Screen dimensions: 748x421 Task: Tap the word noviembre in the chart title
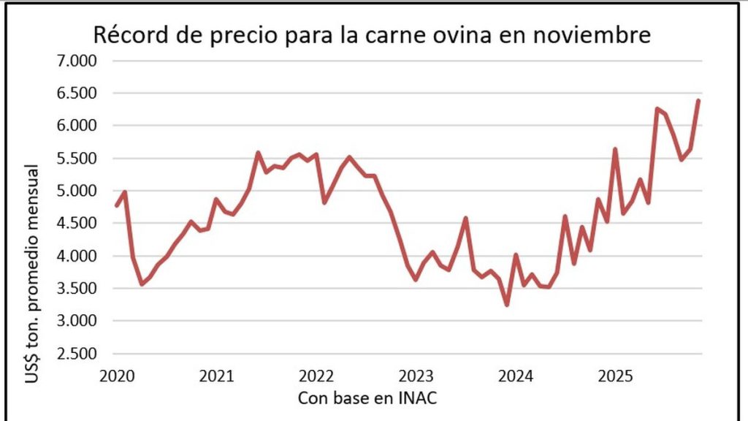pos(592,35)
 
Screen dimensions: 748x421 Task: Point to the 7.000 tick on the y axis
pos(77,61)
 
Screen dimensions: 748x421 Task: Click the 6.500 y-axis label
pos(77,93)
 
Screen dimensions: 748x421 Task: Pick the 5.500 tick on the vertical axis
pos(77,158)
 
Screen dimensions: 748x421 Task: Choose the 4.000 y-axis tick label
pos(77,256)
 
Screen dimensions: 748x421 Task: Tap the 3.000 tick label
pos(77,321)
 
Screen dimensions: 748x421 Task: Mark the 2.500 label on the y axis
pos(77,354)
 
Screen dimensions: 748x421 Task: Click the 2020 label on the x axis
pos(117,376)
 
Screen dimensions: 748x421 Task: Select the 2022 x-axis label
pos(316,376)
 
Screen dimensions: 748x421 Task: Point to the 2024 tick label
pos(516,376)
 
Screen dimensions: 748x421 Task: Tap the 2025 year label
pos(615,376)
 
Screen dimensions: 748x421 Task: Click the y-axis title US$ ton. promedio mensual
pos(32,273)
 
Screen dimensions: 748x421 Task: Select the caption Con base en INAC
pos(367,398)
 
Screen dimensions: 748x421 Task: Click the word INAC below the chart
pos(418,398)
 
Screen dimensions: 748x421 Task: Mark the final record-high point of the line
pos(698,100)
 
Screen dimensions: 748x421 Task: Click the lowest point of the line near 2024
pos(507,305)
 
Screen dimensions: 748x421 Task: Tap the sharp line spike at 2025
pos(615,149)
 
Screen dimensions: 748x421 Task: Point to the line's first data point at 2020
pos(117,205)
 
